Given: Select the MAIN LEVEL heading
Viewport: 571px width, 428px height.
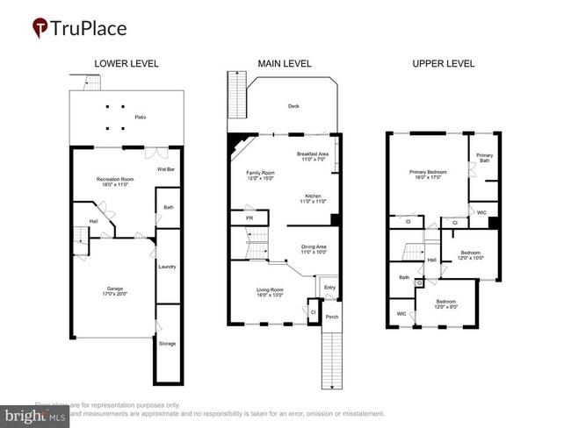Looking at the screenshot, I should pyautogui.click(x=282, y=64).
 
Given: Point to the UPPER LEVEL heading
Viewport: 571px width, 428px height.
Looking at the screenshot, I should pyautogui.click(x=443, y=64).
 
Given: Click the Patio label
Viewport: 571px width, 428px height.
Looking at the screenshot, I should pyautogui.click(x=140, y=117).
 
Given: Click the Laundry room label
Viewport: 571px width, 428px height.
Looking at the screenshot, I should pyautogui.click(x=167, y=267).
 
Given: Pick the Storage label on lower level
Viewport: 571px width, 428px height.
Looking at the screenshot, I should pyautogui.click(x=167, y=343).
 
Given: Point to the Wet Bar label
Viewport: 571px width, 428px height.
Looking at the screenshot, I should pyautogui.click(x=166, y=168).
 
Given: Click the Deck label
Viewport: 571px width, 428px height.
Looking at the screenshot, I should pyautogui.click(x=293, y=107).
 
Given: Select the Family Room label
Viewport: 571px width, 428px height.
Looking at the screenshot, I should pyautogui.click(x=261, y=173).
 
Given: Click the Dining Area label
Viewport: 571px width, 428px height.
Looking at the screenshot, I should pyautogui.click(x=314, y=248).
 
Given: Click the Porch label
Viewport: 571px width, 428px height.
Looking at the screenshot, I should pyautogui.click(x=330, y=317).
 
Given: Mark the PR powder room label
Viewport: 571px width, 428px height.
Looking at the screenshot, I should pyautogui.click(x=250, y=218).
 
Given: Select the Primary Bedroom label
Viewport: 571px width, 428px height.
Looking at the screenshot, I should pyautogui.click(x=428, y=172).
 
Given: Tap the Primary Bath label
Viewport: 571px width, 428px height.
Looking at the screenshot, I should pyautogui.click(x=485, y=158).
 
